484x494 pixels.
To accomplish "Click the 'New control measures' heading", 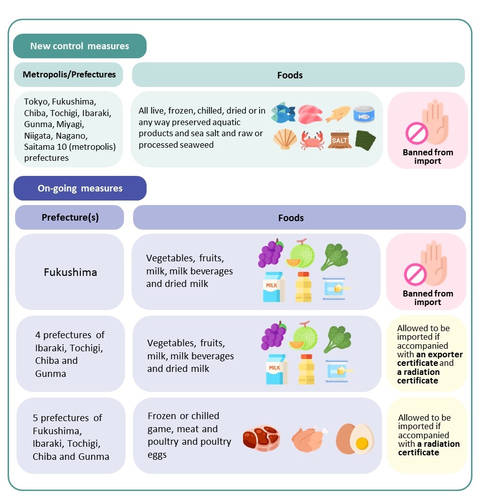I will pyautogui.click(x=79, y=46).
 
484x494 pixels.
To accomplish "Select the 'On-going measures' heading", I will pyautogui.click(x=80, y=188).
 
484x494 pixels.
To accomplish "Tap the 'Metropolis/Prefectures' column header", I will pyautogui.click(x=69, y=75).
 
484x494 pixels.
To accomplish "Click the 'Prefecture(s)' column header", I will pyautogui.click(x=70, y=218).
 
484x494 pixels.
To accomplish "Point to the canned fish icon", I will pyautogui.click(x=365, y=114).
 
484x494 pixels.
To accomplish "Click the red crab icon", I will pyautogui.click(x=311, y=140).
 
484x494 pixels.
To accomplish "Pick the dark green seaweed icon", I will pyautogui.click(x=365, y=140).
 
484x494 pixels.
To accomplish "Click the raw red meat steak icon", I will pyautogui.click(x=261, y=438).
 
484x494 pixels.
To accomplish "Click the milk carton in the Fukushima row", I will pyautogui.click(x=274, y=286).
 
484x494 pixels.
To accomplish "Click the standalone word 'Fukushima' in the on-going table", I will pyautogui.click(x=70, y=273).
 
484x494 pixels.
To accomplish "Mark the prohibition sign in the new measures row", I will pyautogui.click(x=416, y=133).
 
